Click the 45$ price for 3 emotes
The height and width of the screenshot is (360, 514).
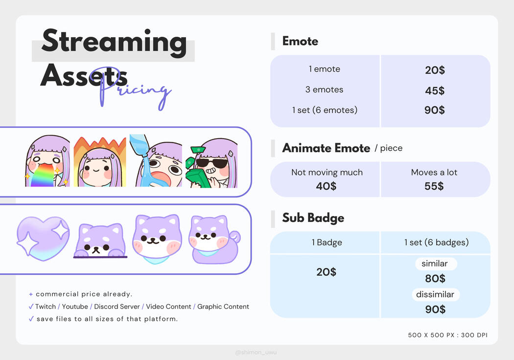435,91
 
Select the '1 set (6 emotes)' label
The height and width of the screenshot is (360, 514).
325,110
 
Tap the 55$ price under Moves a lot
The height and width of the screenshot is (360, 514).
434,186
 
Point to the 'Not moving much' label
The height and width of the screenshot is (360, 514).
327,172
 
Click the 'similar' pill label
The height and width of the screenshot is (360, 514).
435,264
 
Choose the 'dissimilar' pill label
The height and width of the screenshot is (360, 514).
435,294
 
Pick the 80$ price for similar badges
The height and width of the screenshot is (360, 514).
435,279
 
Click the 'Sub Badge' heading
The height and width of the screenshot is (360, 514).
313,218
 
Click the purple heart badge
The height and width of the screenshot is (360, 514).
43,239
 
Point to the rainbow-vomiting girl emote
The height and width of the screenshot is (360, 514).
47,161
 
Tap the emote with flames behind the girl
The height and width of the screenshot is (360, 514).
100,162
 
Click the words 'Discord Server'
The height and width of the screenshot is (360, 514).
117,307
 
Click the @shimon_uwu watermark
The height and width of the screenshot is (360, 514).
256,353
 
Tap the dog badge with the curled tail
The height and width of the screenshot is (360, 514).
214,240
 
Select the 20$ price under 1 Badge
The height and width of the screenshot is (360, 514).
326,272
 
